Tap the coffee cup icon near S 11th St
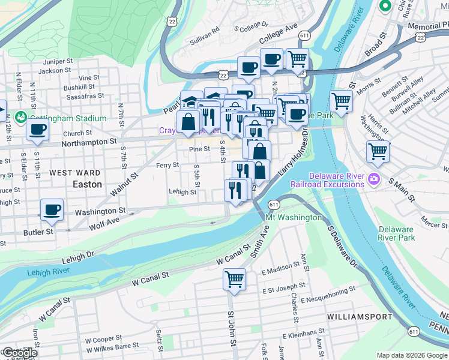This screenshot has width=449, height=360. pyautogui.click(x=37, y=128)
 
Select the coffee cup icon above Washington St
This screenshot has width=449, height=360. pyautogui.click(x=52, y=209)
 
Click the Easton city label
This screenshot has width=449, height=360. pyautogui.click(x=87, y=184)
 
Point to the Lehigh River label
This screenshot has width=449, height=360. pyautogui.click(x=49, y=272)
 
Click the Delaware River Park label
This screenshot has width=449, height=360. pyautogui.click(x=396, y=233)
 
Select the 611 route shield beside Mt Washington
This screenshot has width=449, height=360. pyautogui.click(x=274, y=205)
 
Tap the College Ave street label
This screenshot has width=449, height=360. pyautogui.click(x=279, y=35)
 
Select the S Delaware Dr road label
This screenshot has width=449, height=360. pyautogui.click(x=342, y=247)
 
